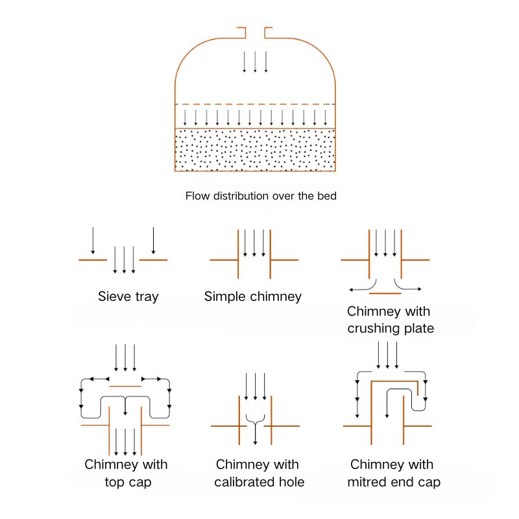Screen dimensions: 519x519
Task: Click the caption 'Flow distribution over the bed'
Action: point(261,195)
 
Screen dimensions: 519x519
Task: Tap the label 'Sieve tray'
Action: point(128,297)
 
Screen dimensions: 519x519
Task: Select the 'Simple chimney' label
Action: point(253,297)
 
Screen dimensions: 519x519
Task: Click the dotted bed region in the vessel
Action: point(255,150)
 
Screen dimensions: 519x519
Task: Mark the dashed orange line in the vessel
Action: point(255,104)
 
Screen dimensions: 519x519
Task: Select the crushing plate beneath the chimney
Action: point(385,293)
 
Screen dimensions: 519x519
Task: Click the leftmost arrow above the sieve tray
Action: point(93,240)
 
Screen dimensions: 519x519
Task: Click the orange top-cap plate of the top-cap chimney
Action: point(125,387)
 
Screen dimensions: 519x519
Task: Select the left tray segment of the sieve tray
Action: point(93,260)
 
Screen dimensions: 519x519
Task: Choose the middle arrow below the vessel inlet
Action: point(255,62)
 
